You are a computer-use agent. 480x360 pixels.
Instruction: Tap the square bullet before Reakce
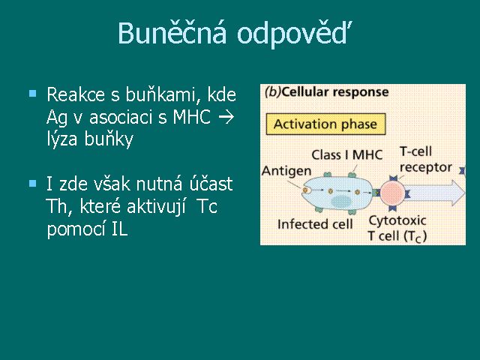click(x=32, y=93)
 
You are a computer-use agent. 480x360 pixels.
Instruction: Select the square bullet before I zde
click(x=32, y=183)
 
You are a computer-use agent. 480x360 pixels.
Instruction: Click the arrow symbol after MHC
click(x=226, y=117)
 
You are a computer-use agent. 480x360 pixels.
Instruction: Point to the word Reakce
click(x=76, y=94)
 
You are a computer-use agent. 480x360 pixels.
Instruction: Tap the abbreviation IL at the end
click(x=119, y=229)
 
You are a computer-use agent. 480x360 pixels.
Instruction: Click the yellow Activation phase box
click(x=325, y=124)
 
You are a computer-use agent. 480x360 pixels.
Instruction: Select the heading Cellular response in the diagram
click(x=335, y=91)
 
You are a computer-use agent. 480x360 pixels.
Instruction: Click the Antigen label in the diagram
click(x=286, y=171)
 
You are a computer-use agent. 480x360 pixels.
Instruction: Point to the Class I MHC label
click(x=347, y=155)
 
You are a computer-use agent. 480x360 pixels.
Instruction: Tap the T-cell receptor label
click(x=426, y=160)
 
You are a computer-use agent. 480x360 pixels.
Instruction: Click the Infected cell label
click(x=315, y=224)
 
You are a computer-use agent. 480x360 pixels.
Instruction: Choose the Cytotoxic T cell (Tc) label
click(x=397, y=228)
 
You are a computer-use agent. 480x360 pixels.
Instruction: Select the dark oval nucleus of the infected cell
click(x=341, y=202)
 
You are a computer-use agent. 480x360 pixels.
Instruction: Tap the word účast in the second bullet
click(x=211, y=184)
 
